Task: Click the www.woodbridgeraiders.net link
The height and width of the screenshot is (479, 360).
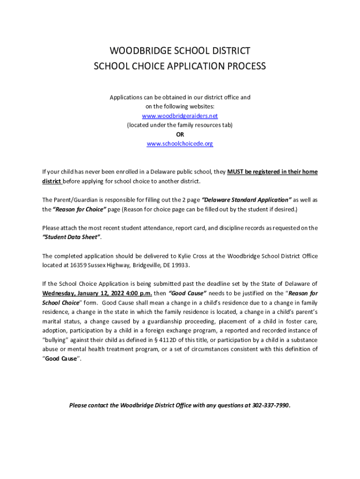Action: [x=180, y=116]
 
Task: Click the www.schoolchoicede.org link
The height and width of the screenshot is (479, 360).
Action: [x=180, y=144]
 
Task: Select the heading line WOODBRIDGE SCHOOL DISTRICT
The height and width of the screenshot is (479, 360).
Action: [x=180, y=51]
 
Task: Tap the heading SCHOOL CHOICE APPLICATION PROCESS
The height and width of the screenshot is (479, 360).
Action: [x=180, y=66]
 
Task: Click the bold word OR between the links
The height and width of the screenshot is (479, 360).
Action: [x=180, y=135]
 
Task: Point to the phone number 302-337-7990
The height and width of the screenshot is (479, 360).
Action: [x=271, y=405]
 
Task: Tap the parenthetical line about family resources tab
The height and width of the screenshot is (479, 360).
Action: [x=180, y=125]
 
